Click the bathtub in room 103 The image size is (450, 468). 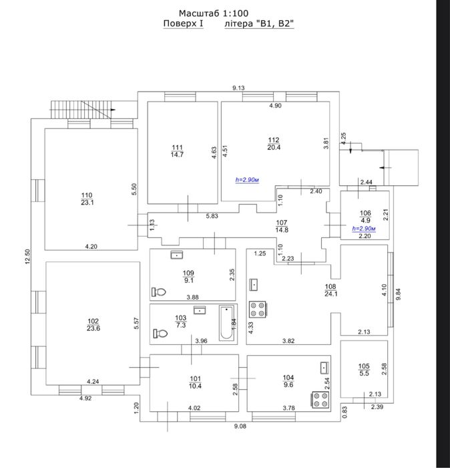[227, 323]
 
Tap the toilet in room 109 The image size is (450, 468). [159, 291]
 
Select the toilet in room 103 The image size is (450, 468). [160, 333]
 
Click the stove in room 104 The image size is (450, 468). [320, 400]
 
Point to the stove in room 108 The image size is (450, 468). [258, 309]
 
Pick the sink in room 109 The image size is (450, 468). [177, 255]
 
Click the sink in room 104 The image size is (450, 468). [324, 368]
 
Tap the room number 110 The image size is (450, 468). [87, 195]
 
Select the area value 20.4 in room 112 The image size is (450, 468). [274, 148]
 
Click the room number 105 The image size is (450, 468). [364, 366]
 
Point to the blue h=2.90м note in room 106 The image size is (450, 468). [364, 229]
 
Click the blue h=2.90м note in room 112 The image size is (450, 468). [247, 180]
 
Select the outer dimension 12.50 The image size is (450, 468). [28, 256]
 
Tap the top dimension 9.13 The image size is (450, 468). [238, 88]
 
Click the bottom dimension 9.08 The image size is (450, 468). [240, 427]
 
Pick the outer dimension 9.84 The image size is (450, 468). [398, 294]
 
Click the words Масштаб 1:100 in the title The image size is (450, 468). [214, 13]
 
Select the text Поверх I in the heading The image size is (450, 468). [184, 23]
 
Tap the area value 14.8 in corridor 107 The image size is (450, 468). [282, 230]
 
